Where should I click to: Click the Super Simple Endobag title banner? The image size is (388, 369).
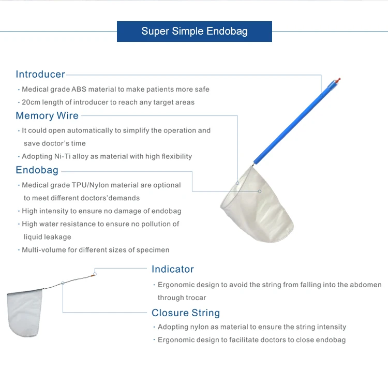pos(195,32)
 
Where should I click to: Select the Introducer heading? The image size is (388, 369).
pos(40,75)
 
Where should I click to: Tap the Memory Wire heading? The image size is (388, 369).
pos(47,116)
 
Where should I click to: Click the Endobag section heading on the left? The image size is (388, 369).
pos(37,170)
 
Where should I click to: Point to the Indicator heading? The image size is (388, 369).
pos(173,269)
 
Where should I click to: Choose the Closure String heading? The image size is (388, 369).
pos(186,313)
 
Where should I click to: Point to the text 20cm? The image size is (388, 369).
pos(31,102)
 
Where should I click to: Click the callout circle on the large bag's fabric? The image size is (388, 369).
pos(260,191)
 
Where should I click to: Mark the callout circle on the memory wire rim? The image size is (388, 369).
pos(237,183)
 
